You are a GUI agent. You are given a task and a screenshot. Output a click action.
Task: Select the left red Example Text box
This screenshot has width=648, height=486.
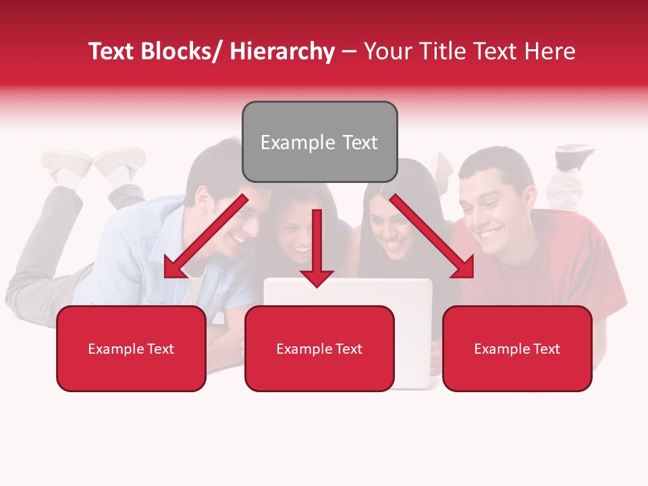[x=131, y=349]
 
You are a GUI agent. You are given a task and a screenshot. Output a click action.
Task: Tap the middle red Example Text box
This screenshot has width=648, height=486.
[x=319, y=349]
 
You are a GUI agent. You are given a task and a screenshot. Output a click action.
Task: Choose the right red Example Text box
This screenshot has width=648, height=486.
[x=517, y=349]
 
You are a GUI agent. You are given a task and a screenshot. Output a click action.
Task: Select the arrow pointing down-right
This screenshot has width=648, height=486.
[x=432, y=236]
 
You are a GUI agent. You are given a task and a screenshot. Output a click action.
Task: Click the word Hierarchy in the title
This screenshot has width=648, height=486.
[x=282, y=51]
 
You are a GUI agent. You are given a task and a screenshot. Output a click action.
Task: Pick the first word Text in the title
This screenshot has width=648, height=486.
[x=112, y=51]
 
